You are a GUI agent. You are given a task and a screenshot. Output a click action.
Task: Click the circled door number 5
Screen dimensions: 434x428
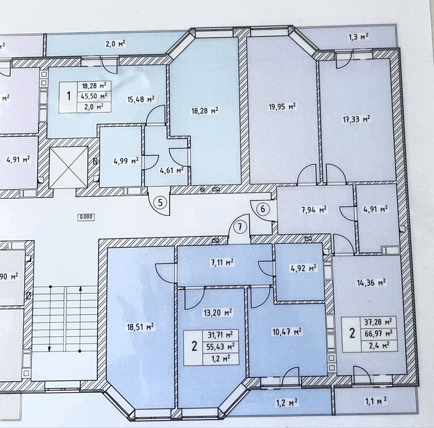click(x=160, y=203)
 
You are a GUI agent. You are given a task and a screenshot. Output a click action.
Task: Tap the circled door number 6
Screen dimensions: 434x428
click(x=263, y=208)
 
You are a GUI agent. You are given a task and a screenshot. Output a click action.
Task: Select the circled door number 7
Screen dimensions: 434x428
click(x=240, y=227)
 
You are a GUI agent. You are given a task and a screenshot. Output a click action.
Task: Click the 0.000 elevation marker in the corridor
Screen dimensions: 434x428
click(x=86, y=217)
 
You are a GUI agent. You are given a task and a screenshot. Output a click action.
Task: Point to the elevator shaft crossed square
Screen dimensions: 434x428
click(x=69, y=168)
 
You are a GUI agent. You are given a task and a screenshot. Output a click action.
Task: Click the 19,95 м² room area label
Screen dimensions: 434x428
click(x=282, y=106)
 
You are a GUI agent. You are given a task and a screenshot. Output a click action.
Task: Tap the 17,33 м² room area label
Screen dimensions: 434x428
click(x=356, y=119)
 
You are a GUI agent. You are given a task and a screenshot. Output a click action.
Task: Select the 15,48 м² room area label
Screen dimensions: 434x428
click(x=141, y=99)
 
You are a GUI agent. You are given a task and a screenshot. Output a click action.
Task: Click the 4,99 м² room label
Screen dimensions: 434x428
click(x=126, y=161)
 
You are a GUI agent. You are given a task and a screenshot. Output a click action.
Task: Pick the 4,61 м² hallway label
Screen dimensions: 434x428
click(x=172, y=170)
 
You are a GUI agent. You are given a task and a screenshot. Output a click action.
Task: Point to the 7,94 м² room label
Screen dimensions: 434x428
click(x=314, y=210)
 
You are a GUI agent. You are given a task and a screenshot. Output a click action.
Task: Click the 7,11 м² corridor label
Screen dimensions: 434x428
click(x=222, y=262)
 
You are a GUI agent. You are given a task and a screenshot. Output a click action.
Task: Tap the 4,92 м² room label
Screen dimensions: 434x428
click(x=304, y=268)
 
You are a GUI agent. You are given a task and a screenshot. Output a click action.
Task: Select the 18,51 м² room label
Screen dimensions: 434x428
click(x=140, y=327)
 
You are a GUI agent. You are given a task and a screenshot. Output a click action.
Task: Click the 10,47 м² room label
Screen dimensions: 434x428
click(x=287, y=331)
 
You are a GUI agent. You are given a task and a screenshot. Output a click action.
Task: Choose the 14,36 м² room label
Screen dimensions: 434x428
click(x=372, y=282)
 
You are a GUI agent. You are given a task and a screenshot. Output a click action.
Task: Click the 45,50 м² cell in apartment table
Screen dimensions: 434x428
click(x=94, y=96)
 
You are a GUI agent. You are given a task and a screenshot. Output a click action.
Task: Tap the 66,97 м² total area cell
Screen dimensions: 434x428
click(x=379, y=334)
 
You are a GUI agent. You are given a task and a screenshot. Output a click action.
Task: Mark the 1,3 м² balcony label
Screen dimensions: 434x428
click(x=358, y=37)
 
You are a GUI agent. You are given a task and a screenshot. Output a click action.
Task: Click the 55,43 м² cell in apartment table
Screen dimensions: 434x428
click(x=221, y=346)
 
